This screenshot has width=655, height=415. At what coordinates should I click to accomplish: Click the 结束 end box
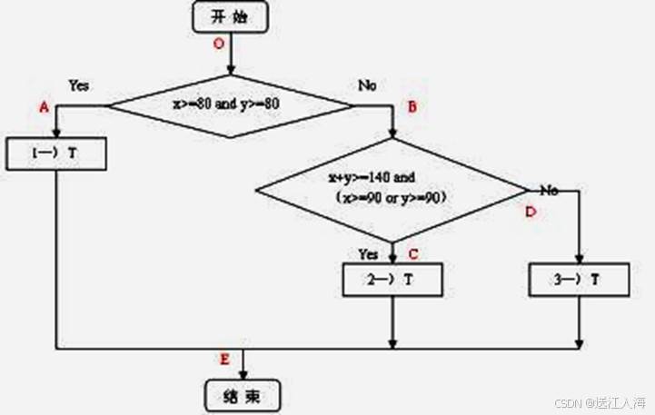tap(243, 396)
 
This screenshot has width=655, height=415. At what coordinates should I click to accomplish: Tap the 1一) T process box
tap(55, 154)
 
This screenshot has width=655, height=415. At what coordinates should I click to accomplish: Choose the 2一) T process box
tap(392, 280)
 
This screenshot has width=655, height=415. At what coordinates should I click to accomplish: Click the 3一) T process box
tap(579, 280)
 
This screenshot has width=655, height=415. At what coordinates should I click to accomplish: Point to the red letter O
tap(217, 44)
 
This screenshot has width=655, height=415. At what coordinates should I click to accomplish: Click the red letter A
tap(43, 107)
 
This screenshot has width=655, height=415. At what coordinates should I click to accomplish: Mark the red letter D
tap(530, 212)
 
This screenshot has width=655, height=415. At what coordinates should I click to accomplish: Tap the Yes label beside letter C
tap(368, 253)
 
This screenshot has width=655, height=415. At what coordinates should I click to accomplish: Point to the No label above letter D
tap(549, 190)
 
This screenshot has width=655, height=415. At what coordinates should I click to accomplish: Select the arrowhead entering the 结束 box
tap(243, 375)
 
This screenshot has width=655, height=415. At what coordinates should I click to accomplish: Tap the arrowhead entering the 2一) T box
tap(392, 259)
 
